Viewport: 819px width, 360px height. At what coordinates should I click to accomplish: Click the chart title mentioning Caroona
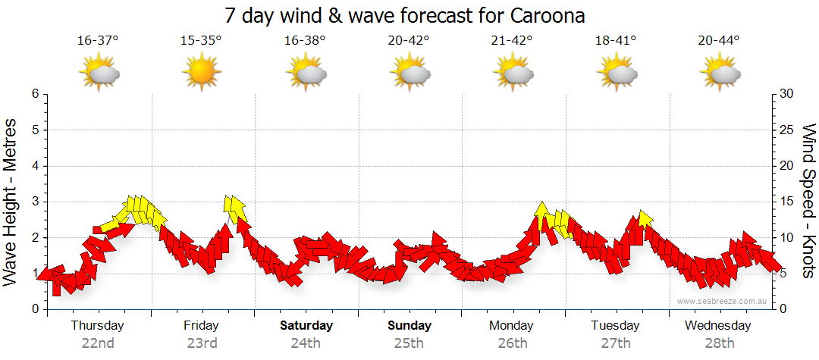405,15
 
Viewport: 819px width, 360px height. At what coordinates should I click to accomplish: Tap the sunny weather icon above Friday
201,74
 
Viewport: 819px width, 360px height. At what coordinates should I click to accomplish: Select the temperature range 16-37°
98,41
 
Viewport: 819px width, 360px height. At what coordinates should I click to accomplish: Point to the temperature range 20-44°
719,41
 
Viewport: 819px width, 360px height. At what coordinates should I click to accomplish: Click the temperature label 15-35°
201,41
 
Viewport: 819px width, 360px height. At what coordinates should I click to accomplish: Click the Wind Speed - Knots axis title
808,201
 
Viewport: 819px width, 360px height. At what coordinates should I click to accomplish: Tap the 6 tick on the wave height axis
34,94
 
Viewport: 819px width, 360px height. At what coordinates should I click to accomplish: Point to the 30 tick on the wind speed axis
787,94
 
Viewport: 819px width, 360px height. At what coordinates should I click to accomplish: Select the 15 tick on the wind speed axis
787,202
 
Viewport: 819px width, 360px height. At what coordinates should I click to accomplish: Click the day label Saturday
306,326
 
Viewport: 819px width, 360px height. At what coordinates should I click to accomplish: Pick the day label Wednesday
717,326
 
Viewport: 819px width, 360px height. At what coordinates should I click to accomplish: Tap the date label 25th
409,343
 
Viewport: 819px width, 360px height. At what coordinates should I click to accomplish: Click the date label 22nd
98,343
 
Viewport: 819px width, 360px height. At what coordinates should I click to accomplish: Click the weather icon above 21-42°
512,74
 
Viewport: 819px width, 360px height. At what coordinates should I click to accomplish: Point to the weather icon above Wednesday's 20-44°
719,74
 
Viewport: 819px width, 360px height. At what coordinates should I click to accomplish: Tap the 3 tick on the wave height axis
34,202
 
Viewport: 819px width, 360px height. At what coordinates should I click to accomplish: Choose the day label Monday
511,326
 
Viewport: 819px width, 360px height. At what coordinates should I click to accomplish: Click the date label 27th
615,343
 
